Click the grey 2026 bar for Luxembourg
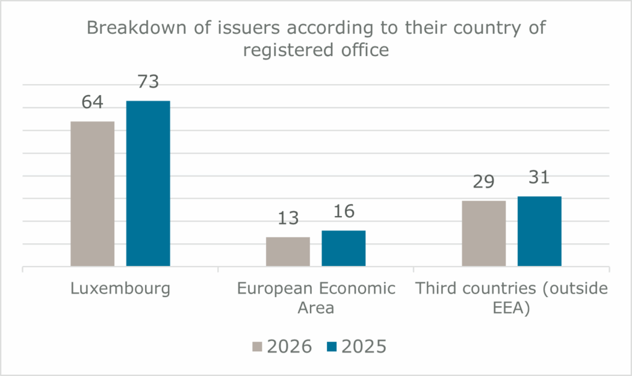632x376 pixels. click(x=93, y=194)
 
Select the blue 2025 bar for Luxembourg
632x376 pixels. click(x=148, y=183)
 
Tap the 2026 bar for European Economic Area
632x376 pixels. click(x=288, y=251)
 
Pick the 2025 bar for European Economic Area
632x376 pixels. click(x=343, y=248)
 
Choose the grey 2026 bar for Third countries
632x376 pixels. click(x=483, y=233)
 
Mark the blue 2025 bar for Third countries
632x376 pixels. click(x=539, y=231)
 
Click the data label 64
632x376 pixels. click(x=93, y=102)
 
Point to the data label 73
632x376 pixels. click(x=148, y=81)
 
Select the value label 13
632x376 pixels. click(x=288, y=218)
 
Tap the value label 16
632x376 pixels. click(x=343, y=211)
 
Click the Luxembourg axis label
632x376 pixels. click(x=120, y=288)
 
